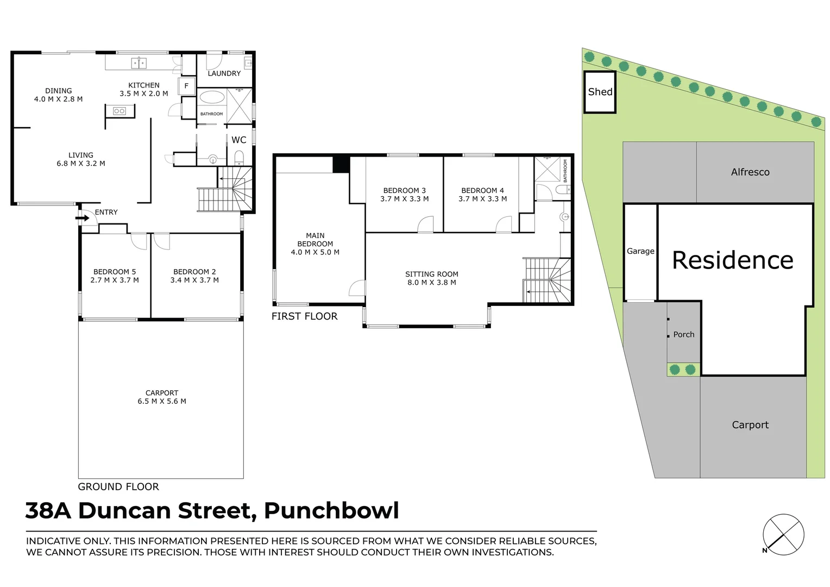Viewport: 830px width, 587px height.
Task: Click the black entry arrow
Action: click(x=83, y=218)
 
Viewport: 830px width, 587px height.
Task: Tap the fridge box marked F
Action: click(x=186, y=86)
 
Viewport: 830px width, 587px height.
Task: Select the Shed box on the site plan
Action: click(x=600, y=92)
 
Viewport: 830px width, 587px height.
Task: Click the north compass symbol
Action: click(x=783, y=534)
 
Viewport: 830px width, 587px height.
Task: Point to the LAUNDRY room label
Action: click(x=224, y=73)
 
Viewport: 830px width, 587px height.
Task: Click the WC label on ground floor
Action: click(x=238, y=140)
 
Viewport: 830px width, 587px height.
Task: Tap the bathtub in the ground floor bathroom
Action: click(x=212, y=97)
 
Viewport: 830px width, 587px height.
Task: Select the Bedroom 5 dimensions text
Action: click(x=115, y=280)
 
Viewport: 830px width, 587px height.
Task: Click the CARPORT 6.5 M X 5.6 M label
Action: click(x=162, y=397)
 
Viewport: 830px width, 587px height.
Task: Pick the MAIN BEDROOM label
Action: click(x=315, y=243)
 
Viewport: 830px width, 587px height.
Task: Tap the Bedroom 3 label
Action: click(x=405, y=191)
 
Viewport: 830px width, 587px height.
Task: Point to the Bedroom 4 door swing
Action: click(x=505, y=224)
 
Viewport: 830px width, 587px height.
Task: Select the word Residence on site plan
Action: click(x=732, y=260)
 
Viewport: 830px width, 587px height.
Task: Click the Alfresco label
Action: click(x=750, y=172)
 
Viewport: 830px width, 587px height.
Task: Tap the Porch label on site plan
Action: click(x=683, y=335)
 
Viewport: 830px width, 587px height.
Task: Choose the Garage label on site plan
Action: click(x=640, y=251)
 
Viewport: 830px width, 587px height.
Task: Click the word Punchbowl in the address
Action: click(x=331, y=511)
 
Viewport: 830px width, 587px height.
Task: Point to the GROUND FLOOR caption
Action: click(x=118, y=487)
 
